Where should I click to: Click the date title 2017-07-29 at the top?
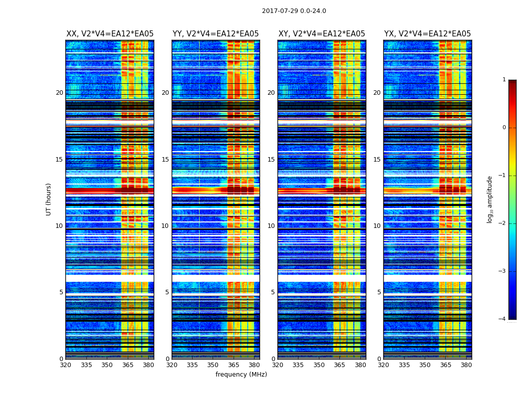[294, 11]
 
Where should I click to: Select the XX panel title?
[110, 34]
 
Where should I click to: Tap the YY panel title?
[216, 34]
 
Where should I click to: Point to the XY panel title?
[321, 34]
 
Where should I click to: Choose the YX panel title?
[427, 34]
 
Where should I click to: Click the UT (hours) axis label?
[49, 199]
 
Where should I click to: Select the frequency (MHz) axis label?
[241, 375]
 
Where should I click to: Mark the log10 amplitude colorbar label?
[490, 199]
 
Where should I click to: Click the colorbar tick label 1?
[504, 80]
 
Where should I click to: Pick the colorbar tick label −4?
[503, 319]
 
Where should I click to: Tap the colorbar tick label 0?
[504, 128]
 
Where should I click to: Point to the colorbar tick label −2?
[503, 223]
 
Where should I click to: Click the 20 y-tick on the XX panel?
[59, 93]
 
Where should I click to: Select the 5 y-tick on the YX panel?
[379, 292]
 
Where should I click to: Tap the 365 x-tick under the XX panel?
[128, 365]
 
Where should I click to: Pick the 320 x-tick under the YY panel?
[172, 365]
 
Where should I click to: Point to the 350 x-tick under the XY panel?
[319, 365]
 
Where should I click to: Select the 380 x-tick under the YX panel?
[466, 365]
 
